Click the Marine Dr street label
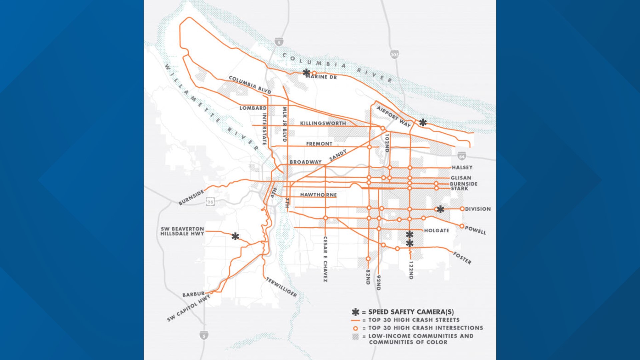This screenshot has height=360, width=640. [x=321, y=77]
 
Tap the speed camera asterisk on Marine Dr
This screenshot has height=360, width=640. [x=306, y=72]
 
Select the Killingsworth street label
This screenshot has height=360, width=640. [x=323, y=123]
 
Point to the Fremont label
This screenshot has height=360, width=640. [x=319, y=144]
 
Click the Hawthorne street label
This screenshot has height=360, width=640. [x=318, y=195]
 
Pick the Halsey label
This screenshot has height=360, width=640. [x=462, y=167]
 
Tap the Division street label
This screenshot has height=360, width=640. [x=478, y=209]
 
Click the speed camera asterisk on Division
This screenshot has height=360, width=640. [x=440, y=209]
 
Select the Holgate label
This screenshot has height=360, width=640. [x=436, y=230]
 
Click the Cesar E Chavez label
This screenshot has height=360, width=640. [x=325, y=259]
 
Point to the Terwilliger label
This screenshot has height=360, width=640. [x=281, y=287]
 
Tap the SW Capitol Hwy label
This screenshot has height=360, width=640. [x=189, y=308]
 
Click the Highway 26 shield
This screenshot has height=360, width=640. [x=210, y=202]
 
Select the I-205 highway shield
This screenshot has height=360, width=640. [x=395, y=54]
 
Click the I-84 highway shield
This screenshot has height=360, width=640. [x=461, y=156]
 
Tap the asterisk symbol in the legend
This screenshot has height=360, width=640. [x=355, y=312]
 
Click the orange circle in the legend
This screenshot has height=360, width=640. [x=355, y=328]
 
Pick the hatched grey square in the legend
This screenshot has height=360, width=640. [x=355, y=336]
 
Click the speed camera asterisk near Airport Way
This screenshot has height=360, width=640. [x=423, y=122]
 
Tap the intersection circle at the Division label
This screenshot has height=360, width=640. [x=462, y=209]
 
